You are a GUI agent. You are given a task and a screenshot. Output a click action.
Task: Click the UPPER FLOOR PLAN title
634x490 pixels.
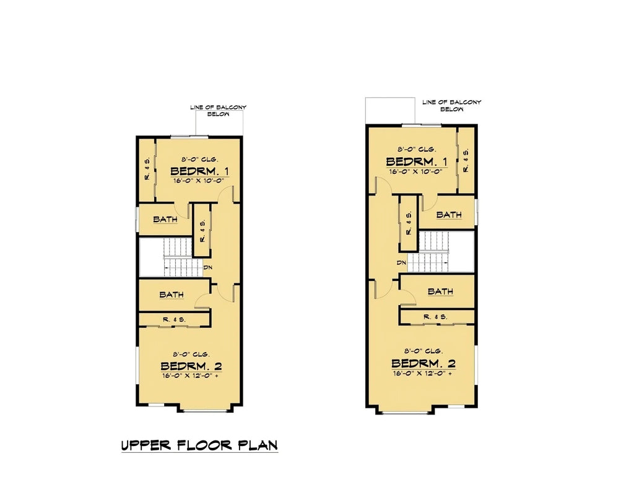199,445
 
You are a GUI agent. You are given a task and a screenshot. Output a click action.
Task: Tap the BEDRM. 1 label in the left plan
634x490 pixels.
199,171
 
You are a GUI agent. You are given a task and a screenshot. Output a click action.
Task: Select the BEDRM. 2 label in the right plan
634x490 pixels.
424,363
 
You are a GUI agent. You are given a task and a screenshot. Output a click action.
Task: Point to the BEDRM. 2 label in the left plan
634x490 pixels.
192,366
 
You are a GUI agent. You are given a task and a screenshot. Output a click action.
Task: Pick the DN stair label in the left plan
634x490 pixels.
208,268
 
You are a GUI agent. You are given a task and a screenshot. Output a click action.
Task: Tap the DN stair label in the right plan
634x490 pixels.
402,263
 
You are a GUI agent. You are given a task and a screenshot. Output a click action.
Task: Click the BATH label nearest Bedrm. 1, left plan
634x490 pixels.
165,219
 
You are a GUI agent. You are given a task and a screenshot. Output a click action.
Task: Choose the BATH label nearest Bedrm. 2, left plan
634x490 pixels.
172,294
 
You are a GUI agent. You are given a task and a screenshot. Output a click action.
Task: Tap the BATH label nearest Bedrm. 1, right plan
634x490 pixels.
449,215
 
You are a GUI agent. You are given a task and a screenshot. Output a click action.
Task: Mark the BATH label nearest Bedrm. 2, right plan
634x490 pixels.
440,291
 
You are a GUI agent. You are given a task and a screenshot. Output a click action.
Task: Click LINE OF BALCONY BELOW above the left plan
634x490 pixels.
218,111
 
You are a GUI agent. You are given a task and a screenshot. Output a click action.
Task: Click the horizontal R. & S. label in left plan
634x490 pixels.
175,319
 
